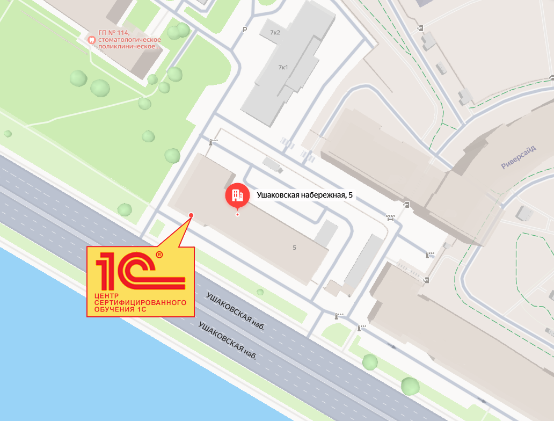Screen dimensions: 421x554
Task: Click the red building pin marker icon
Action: click(237, 195)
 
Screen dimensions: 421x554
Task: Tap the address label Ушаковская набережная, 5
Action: click(304, 195)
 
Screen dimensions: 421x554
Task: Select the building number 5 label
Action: click(294, 248)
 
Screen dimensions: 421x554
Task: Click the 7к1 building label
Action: click(283, 68)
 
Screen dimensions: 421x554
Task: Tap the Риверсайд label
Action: click(519, 158)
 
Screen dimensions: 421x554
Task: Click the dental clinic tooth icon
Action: click(91, 39)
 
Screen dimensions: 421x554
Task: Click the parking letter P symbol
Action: click(245, 30)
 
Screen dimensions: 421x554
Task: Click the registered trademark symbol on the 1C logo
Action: click(159, 255)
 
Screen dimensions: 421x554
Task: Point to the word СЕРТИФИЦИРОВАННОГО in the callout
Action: click(140, 302)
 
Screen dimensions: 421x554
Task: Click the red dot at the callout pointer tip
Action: click(191, 215)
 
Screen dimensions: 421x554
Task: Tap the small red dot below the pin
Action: click(237, 215)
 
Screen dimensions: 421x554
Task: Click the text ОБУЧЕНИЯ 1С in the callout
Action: click(120, 309)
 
